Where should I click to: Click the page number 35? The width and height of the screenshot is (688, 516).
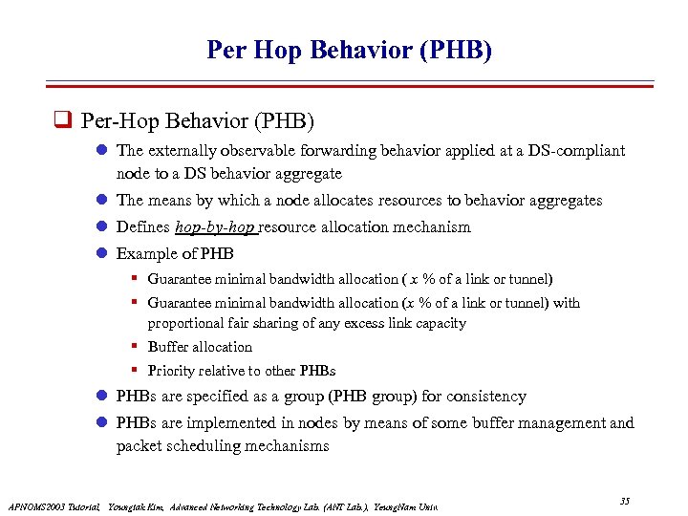point(625,502)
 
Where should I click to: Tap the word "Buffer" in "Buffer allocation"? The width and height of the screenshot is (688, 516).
point(169,347)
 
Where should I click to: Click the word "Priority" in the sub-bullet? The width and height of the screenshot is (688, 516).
point(172,371)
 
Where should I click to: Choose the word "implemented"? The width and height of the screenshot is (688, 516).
point(239,422)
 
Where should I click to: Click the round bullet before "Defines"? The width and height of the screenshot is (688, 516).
point(101,227)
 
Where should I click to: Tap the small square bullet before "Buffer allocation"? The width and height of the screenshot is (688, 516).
point(136,347)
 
